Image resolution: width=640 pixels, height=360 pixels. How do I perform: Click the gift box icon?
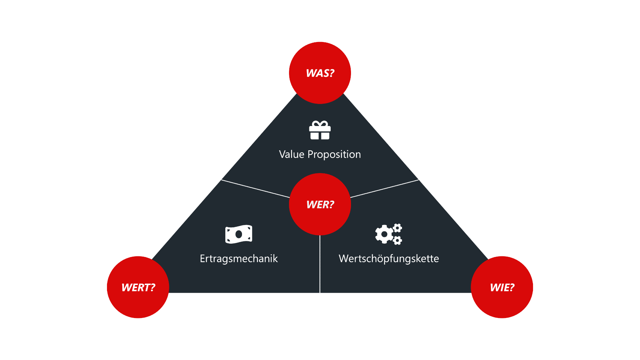[x=320, y=132]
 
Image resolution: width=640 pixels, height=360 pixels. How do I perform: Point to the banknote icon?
[x=239, y=234]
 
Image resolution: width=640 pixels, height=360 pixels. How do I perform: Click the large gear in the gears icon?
[x=384, y=234]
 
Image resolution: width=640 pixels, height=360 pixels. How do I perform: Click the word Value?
[x=292, y=154]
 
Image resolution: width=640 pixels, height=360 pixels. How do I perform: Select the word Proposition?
[x=334, y=154]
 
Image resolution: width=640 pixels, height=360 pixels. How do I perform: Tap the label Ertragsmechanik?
[x=239, y=259]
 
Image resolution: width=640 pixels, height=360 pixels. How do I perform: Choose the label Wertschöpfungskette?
[x=389, y=259]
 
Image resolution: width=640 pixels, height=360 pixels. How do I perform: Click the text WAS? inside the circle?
[x=320, y=73]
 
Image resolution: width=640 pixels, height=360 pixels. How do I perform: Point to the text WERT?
[x=138, y=287]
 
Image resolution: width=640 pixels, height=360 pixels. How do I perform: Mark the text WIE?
[x=502, y=287]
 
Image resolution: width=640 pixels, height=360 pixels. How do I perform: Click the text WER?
[x=320, y=204]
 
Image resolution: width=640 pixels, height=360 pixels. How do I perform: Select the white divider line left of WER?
[x=255, y=189]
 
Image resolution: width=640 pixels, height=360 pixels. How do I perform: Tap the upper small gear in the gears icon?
[x=397, y=228]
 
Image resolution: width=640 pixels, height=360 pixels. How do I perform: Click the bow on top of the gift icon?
[x=320, y=124]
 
